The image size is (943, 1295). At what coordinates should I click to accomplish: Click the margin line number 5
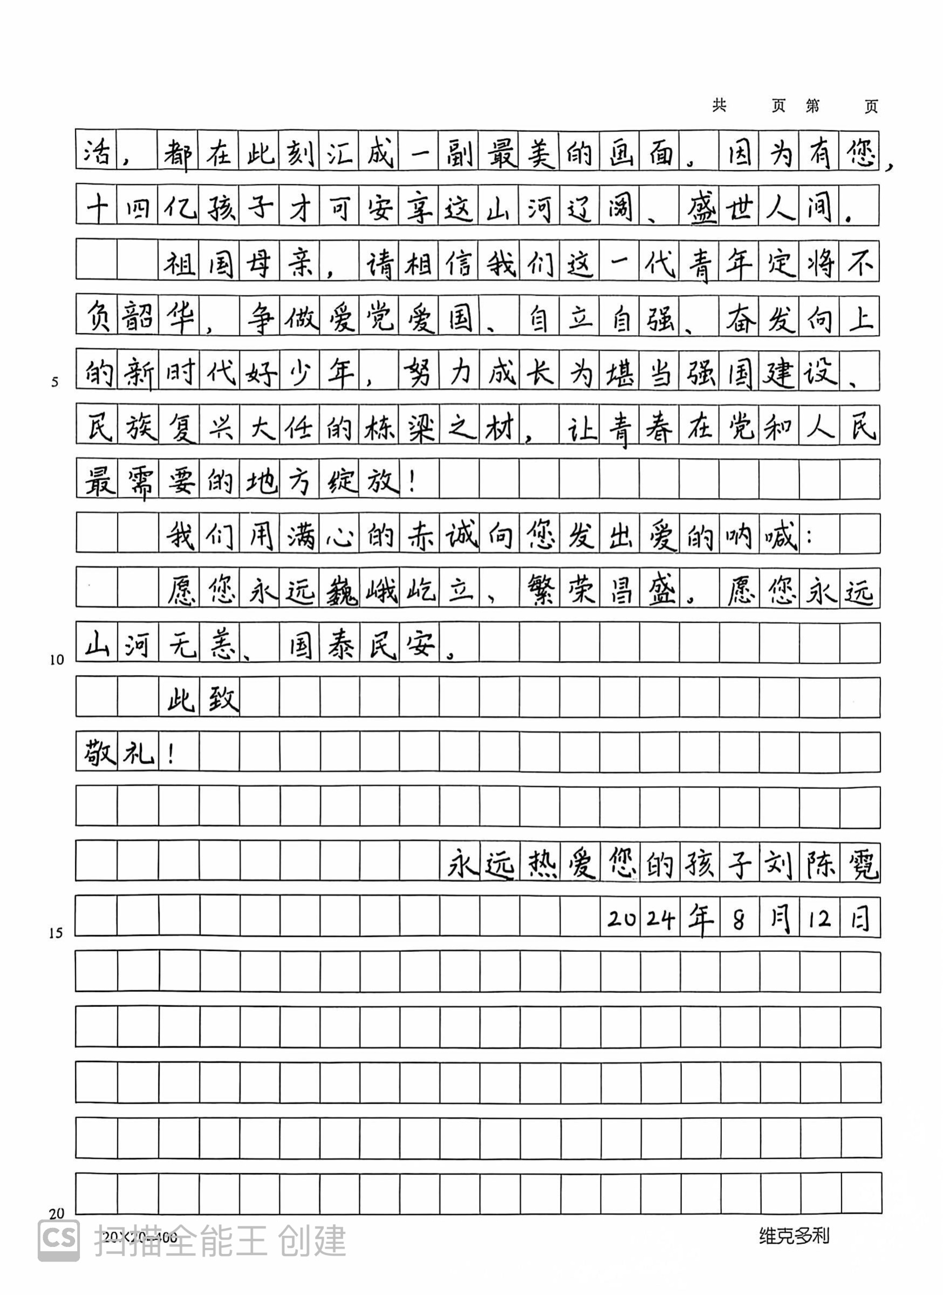[55, 382]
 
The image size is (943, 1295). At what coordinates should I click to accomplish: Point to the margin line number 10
[57, 660]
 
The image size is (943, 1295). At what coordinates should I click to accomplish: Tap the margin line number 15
[56, 933]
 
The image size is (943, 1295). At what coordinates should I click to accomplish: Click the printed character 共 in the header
[719, 105]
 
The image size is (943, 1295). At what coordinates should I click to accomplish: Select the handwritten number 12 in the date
[819, 919]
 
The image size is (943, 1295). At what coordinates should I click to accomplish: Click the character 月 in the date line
[779, 919]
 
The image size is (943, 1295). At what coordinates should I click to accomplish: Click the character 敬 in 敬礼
[98, 754]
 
